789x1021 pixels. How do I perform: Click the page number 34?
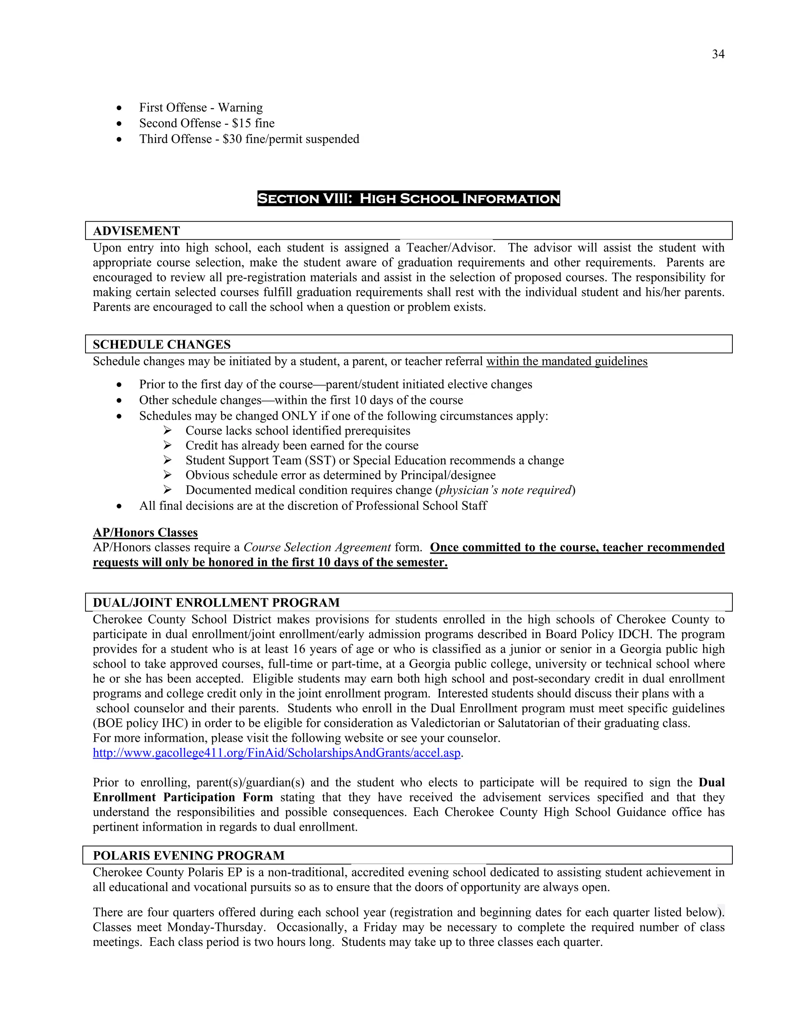[718, 54]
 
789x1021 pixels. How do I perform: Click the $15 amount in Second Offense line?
[241, 123]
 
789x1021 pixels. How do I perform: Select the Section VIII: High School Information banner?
[408, 199]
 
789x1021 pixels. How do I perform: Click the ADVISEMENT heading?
[136, 231]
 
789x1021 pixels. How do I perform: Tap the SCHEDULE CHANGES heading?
[161, 344]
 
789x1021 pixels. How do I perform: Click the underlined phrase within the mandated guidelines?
[566, 361]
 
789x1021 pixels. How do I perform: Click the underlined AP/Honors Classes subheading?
[145, 532]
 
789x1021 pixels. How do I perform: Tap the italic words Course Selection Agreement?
[317, 547]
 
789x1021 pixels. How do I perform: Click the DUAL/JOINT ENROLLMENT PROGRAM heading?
[216, 603]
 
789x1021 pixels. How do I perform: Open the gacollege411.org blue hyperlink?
[276, 753]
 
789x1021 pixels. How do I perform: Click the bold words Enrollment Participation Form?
[183, 798]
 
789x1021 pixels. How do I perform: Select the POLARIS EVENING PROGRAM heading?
[188, 855]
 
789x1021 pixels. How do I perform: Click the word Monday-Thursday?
[216, 927]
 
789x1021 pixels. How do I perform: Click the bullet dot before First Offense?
[120, 108]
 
